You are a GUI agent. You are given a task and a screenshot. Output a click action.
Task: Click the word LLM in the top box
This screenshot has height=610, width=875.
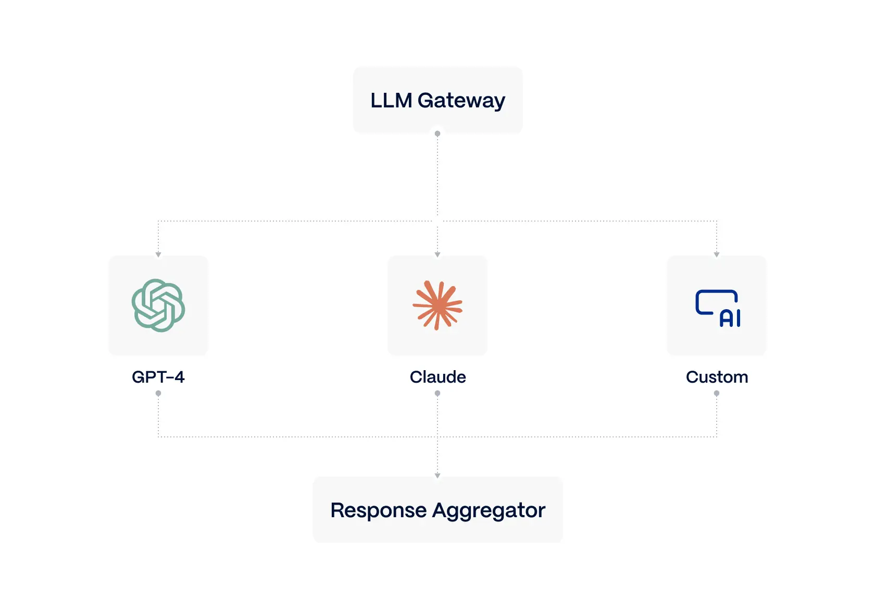[391, 100]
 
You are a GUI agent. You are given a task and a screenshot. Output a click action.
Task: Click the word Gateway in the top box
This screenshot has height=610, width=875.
[461, 100]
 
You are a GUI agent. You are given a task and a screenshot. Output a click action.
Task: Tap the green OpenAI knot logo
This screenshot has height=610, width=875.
[158, 306]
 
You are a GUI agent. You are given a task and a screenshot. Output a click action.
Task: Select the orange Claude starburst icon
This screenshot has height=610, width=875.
[438, 306]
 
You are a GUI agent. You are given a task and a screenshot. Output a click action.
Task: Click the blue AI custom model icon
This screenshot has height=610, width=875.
[717, 308]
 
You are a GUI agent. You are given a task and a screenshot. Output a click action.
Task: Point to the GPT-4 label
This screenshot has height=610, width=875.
[158, 377]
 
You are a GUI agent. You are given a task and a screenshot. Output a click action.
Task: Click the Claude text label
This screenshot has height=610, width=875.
[438, 377]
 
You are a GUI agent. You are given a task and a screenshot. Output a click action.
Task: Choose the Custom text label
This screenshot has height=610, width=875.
[717, 377]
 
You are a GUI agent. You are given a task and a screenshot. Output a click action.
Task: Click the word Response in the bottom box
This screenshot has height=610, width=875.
[378, 510]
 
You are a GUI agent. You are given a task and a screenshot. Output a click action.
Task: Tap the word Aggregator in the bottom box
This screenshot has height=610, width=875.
[489, 510]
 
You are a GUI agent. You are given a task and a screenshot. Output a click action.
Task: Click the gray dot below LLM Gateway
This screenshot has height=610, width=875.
[438, 134]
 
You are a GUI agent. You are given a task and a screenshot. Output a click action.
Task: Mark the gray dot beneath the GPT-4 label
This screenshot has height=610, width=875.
[158, 394]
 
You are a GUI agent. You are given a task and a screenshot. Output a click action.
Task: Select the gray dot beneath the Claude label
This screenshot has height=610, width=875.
[438, 394]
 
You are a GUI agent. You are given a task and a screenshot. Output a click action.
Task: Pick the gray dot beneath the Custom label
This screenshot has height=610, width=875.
[717, 394]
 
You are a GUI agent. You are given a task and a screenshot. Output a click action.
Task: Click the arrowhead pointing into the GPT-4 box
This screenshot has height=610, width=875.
[158, 254]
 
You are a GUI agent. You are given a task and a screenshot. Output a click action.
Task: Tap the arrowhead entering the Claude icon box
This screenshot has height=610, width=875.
[438, 254]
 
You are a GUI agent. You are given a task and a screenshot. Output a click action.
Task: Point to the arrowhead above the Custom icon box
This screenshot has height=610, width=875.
[717, 254]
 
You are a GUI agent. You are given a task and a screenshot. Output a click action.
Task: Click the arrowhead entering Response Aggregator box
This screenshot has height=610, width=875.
[438, 475]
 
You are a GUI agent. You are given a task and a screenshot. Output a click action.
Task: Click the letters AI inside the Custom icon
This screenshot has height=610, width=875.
[730, 318]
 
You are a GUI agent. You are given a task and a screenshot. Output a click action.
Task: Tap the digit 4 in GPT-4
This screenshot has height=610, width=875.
[179, 377]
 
